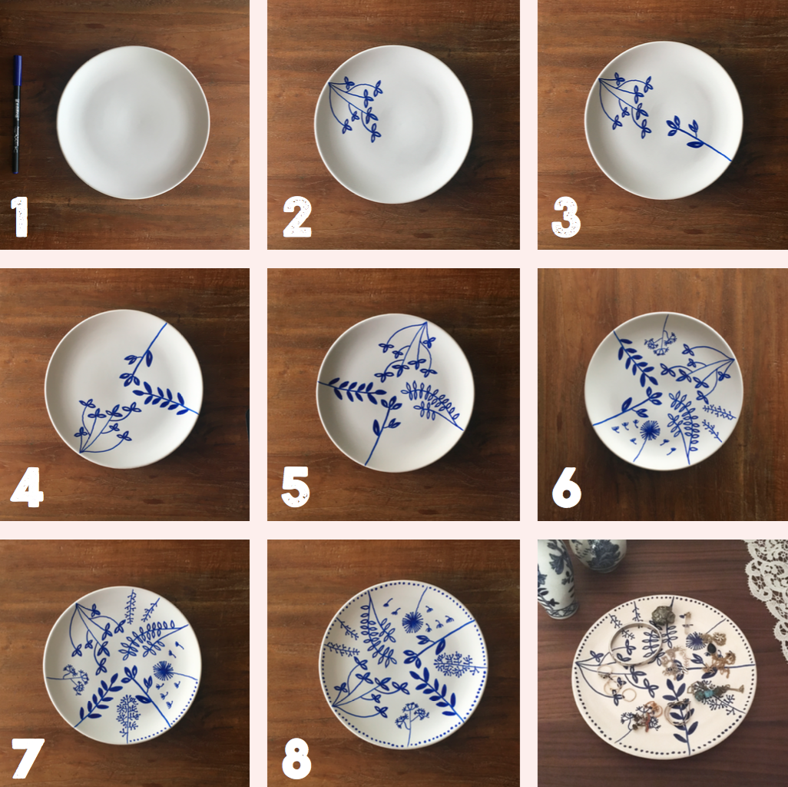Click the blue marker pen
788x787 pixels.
pos(17,115)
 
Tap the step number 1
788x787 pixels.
pos(19,217)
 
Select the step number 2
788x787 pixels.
pos(297,217)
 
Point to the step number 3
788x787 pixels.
pos(566,218)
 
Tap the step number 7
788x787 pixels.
pos(28,758)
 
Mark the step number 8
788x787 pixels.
pos(296,758)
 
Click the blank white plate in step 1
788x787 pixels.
pos(133,122)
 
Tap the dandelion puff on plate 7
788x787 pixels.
pos(163,671)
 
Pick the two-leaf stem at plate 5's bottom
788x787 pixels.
pos(385,423)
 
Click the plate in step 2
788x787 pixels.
pos(393,125)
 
